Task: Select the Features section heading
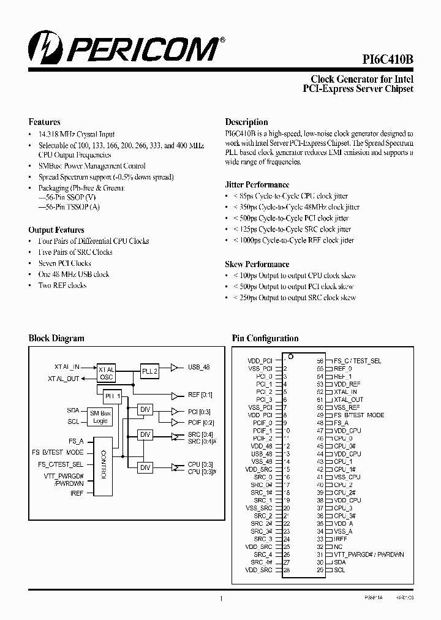(x=44, y=122)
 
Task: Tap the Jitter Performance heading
(x=257, y=184)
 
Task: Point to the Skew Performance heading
(x=257, y=264)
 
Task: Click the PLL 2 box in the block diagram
(x=150, y=371)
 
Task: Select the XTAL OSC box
(x=107, y=374)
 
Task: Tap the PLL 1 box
(x=112, y=396)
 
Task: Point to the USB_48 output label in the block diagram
(x=198, y=367)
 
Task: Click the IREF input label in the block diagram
(x=77, y=492)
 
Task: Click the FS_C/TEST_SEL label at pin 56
(x=357, y=361)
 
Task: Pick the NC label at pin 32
(x=337, y=546)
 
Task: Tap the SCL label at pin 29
(x=339, y=570)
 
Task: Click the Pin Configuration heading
(x=265, y=338)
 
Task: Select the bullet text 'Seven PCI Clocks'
(x=64, y=263)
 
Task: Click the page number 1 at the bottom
(x=221, y=599)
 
